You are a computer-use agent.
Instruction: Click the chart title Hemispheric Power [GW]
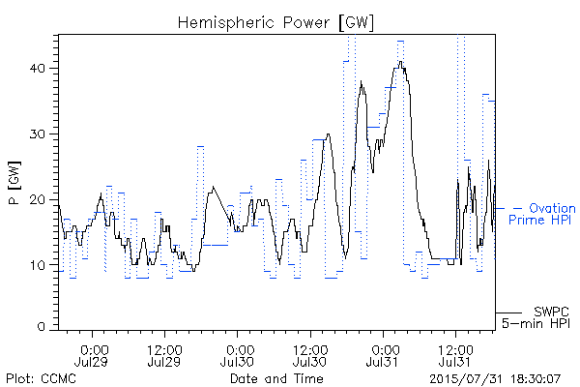point(275,23)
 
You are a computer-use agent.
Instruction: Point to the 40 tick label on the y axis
point(39,69)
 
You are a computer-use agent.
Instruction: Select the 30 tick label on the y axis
point(39,134)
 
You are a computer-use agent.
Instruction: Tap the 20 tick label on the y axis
point(39,199)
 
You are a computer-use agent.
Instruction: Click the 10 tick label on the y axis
point(39,265)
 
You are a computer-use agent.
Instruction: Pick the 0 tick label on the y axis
point(42,327)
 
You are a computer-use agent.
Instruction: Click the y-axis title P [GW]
point(14,183)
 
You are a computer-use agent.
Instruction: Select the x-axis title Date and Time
point(276,378)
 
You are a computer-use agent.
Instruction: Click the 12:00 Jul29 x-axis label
point(164,356)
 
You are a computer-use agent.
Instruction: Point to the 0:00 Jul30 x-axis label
point(237,356)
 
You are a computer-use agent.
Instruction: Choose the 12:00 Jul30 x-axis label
point(310,356)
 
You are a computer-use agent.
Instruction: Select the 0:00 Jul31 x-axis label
point(383,356)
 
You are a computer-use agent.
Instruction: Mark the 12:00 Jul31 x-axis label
point(455,356)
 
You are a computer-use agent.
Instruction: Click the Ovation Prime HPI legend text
point(542,214)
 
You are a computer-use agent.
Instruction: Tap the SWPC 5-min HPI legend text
point(536,317)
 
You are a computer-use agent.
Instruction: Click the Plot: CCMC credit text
point(41,378)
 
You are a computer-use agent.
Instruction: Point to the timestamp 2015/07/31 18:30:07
point(495,379)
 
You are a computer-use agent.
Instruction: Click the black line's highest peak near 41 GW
point(400,62)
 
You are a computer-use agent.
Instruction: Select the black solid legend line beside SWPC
point(508,313)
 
